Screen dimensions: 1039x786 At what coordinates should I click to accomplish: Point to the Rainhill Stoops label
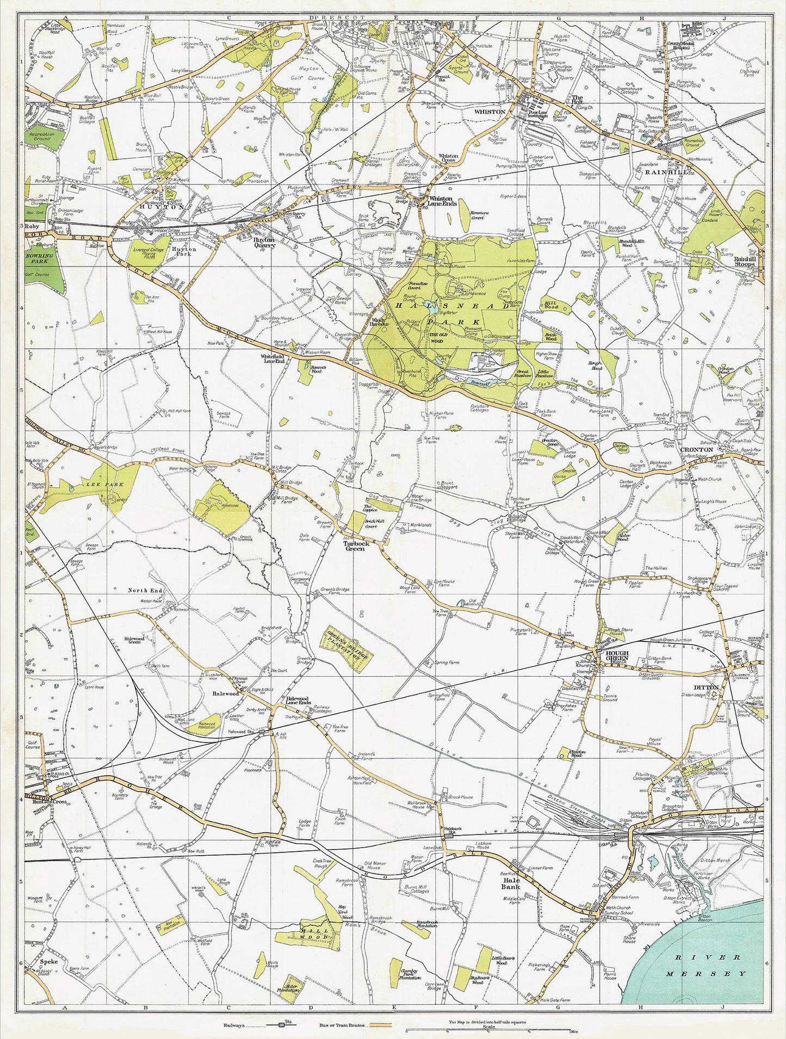tap(747, 262)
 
